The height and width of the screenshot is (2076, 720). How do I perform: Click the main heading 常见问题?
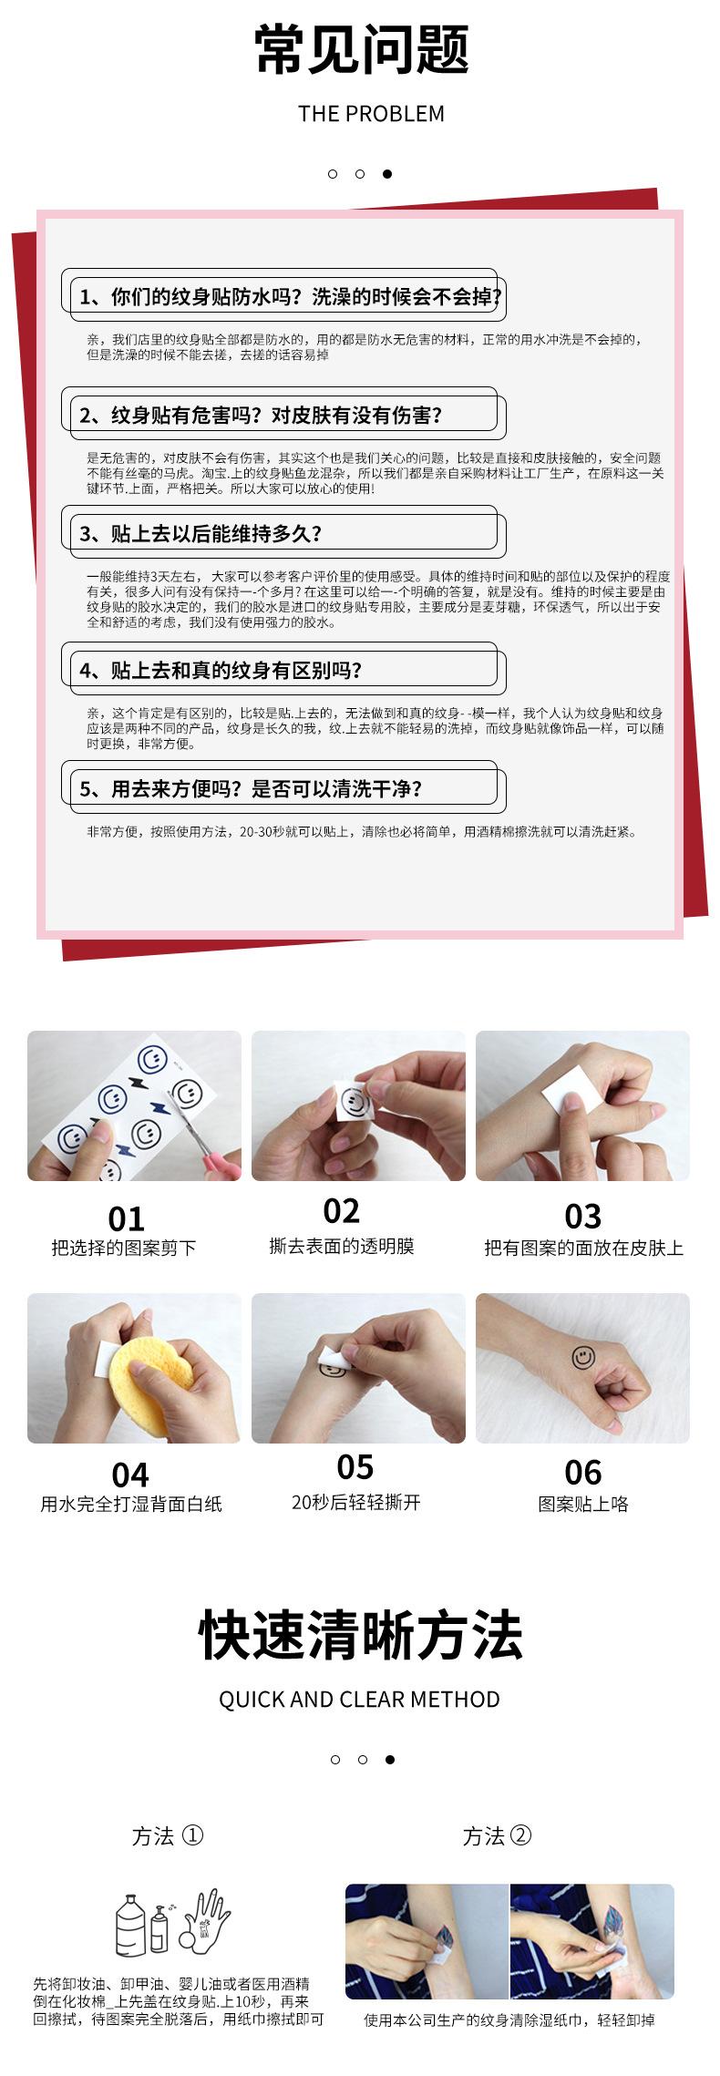361,50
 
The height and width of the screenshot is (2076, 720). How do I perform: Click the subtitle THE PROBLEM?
371,114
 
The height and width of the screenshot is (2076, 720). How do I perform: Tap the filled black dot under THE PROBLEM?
387,174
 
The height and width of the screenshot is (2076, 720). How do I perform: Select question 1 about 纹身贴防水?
290,297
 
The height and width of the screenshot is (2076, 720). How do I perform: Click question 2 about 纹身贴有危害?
261,416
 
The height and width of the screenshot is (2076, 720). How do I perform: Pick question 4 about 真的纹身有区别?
221,671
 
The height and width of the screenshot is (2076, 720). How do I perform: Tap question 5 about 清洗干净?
251,789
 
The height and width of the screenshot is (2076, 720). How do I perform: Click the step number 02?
341,1211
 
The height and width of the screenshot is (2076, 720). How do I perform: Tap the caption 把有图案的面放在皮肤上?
583,1248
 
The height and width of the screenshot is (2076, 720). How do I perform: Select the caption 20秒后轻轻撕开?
355,1503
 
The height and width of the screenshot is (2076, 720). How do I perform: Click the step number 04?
129,1475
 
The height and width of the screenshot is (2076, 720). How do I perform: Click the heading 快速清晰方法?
360,1636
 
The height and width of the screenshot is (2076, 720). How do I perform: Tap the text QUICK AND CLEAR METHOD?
359,1700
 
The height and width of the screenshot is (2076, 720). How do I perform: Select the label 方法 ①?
168,1836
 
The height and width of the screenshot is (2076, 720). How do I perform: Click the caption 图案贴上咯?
583,1504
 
